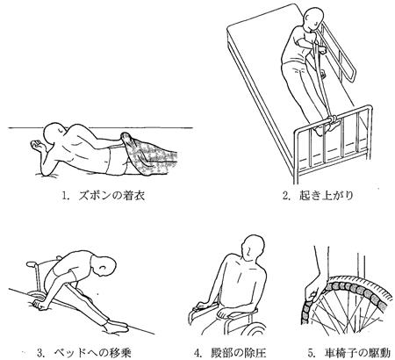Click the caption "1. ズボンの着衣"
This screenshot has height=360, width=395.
[x=104, y=196]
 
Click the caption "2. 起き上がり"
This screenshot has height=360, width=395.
[x=318, y=195]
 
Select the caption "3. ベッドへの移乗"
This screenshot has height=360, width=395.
[x=84, y=352]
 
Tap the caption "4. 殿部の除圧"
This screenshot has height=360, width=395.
[x=231, y=353]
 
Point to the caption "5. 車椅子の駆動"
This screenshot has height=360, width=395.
[x=349, y=353]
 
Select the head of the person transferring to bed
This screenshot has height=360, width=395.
[x=104, y=266]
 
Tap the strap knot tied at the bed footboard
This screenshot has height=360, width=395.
[x=332, y=119]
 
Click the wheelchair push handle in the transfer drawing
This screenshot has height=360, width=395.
[x=33, y=264]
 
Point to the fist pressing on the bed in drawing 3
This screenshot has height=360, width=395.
[x=39, y=305]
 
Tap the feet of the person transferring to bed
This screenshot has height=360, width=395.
[x=117, y=326]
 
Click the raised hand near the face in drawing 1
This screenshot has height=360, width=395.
[x=38, y=145]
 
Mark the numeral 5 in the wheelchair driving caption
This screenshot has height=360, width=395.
[x=311, y=353]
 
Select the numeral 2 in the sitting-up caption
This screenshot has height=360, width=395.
[x=285, y=196]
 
